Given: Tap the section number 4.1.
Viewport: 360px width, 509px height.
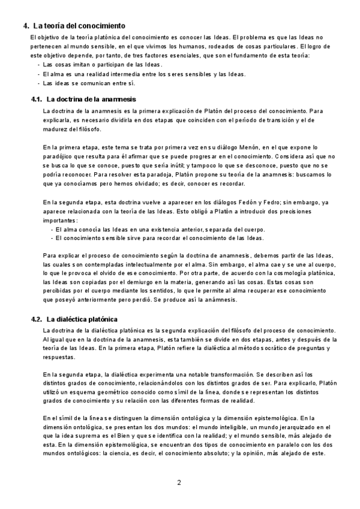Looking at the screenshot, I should (36, 98).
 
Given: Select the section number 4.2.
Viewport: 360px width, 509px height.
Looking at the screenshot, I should (36, 319).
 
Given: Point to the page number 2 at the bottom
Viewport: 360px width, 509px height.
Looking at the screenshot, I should (179, 482).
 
